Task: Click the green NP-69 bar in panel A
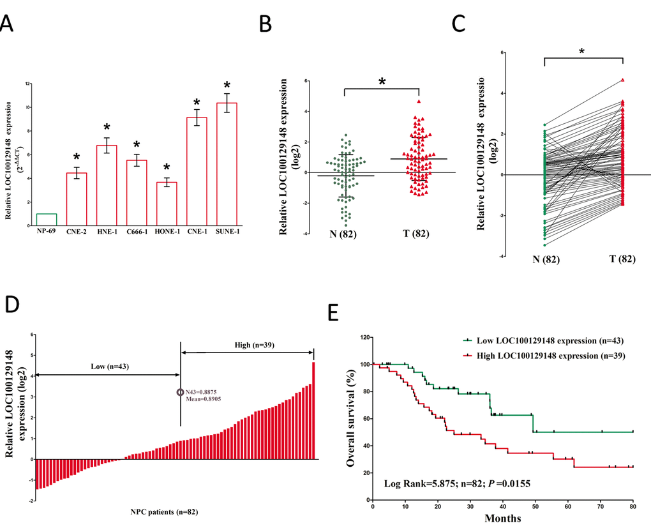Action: [47, 219]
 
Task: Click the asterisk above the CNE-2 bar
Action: [77, 158]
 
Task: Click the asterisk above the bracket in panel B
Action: [381, 82]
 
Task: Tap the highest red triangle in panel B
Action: [419, 101]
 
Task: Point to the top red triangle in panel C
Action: [622, 80]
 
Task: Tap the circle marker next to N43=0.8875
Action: [180, 393]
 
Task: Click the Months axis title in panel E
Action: [502, 519]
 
